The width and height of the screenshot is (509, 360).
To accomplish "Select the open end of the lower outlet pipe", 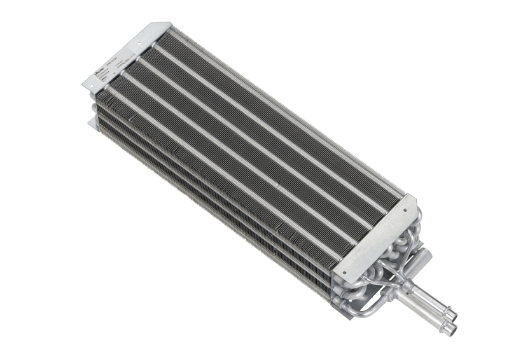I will click(x=452, y=328).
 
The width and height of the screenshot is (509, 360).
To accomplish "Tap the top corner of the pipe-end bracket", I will click(x=414, y=196).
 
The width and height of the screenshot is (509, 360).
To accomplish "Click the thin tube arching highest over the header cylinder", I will click(x=408, y=239).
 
